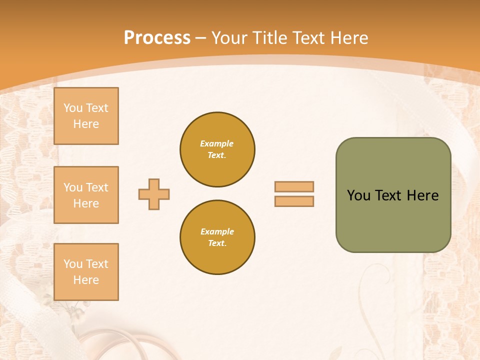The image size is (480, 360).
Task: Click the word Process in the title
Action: (x=157, y=38)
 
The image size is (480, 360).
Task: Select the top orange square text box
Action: (x=86, y=116)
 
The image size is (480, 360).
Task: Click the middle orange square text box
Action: (x=86, y=195)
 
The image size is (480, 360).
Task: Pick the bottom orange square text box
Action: (x=86, y=272)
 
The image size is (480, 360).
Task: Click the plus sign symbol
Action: (x=154, y=194)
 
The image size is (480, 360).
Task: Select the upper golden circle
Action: (x=217, y=149)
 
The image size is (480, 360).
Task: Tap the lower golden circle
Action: (x=217, y=237)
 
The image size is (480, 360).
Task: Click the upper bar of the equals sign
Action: (x=294, y=186)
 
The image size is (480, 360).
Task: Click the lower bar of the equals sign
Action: (x=294, y=201)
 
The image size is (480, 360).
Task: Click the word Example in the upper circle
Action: (x=217, y=143)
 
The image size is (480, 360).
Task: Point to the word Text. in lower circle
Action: (x=217, y=243)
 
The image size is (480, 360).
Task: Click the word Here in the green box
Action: (x=422, y=195)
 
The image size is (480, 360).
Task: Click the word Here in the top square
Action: (x=86, y=124)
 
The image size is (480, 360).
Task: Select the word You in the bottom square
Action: (x=73, y=264)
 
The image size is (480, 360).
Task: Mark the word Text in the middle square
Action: (x=97, y=187)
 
